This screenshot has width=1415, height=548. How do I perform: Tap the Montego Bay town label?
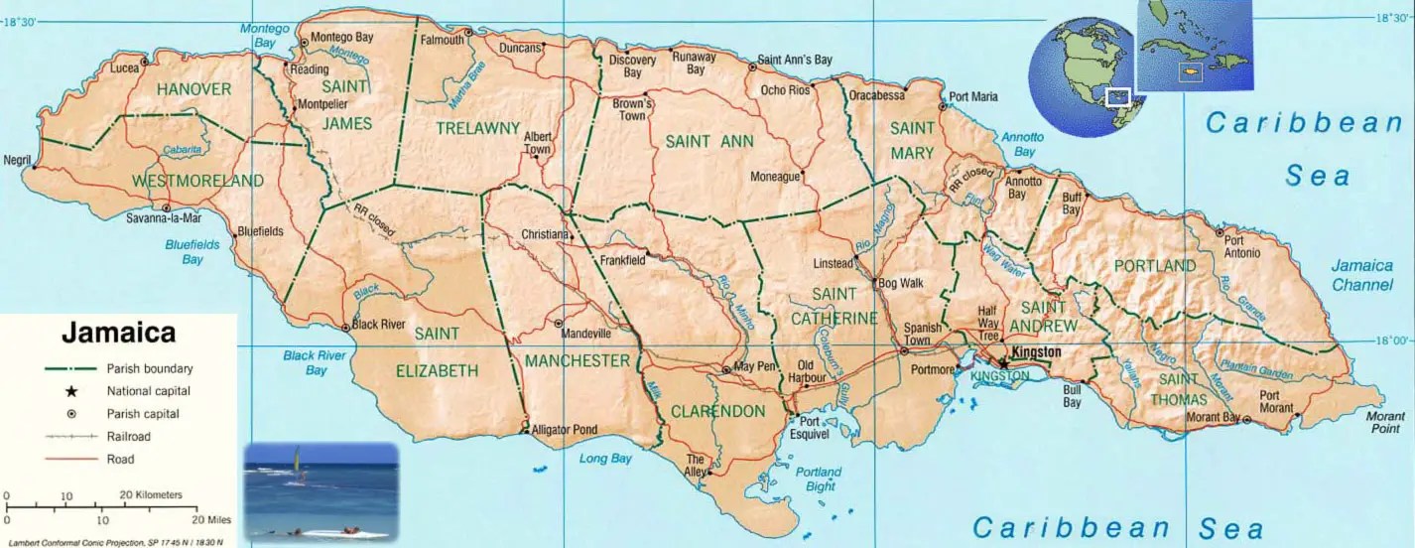click(341, 37)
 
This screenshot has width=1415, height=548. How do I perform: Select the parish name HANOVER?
click(193, 89)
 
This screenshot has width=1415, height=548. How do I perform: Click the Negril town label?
click(18, 160)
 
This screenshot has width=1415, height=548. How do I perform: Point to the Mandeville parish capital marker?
click(559, 324)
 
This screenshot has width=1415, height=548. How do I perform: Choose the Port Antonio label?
click(1241, 246)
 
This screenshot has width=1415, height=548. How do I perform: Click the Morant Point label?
click(1385, 421)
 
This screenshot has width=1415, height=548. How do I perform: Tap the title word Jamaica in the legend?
click(118, 332)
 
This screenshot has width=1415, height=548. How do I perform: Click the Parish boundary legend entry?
click(150, 368)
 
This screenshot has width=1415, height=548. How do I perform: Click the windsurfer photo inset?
click(322, 491)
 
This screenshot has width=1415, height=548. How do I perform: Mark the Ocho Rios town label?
click(785, 90)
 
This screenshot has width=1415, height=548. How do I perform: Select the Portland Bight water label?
click(819, 479)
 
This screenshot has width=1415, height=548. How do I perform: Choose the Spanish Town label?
click(923, 335)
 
